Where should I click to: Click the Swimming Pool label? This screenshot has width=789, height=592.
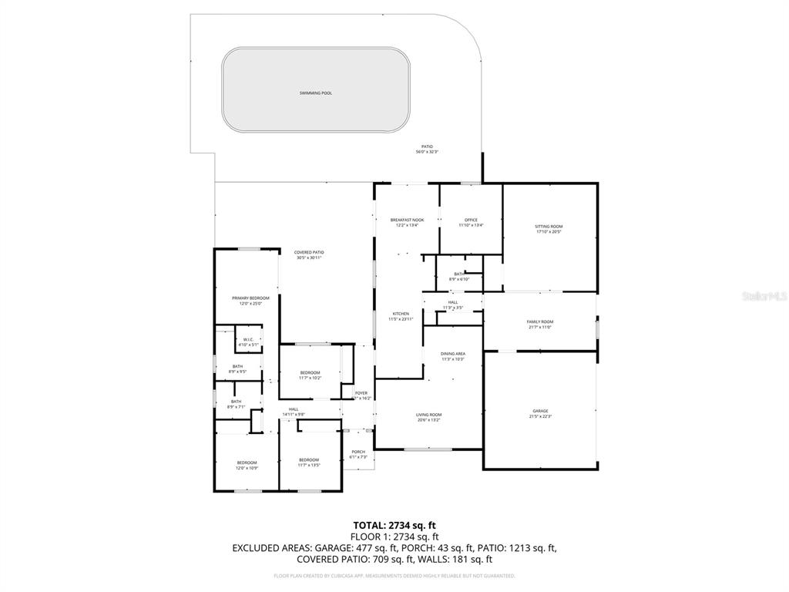point(316,93)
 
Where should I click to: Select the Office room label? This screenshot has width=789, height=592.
point(471,220)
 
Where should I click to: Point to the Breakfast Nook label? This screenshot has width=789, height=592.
point(407,220)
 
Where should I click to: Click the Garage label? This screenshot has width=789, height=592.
point(540,411)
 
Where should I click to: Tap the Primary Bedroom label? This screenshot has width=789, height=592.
point(250,298)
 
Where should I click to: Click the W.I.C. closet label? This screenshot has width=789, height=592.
point(249,340)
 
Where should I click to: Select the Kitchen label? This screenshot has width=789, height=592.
point(401,314)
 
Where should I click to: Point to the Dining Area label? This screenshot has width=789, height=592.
point(453,354)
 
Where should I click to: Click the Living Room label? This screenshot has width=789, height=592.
point(428,415)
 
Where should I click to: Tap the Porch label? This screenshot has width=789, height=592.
point(358,452)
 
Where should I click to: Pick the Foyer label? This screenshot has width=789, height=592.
point(361,393)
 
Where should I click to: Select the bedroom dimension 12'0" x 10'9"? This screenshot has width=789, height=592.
point(247,468)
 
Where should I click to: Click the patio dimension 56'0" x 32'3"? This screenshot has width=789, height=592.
point(427,152)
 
